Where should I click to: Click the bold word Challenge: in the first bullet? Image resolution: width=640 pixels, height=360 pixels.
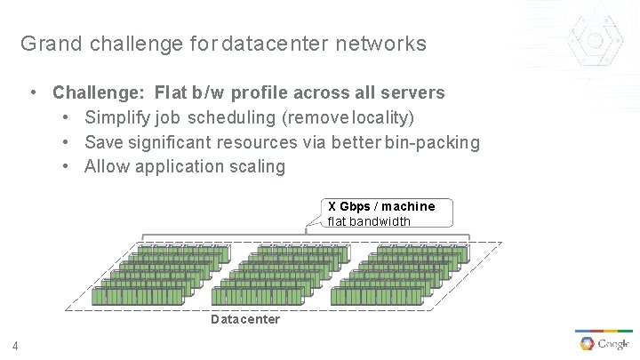pos(100,92)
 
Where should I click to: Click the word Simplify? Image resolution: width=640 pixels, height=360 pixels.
pos(116,117)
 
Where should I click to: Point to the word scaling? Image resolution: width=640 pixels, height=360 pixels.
pos(256,166)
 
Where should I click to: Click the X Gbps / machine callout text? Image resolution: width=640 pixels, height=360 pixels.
pos(381,206)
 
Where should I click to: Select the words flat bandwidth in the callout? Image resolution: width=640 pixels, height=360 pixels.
pos(369,220)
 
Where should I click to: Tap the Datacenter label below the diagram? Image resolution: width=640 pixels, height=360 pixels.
pos(245,319)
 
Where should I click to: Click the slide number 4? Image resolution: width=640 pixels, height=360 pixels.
pos(16,346)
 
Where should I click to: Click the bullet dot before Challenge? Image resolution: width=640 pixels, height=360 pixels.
pos(32,92)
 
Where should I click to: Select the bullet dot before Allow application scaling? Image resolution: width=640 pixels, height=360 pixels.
pos(67,166)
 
